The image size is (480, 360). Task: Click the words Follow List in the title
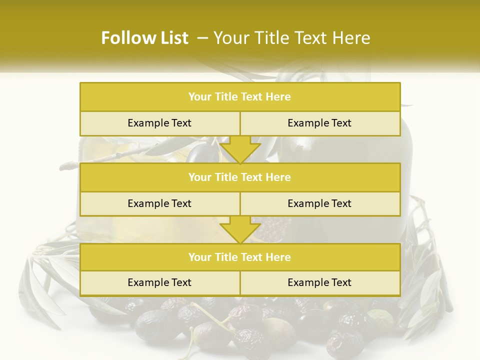[x=144, y=38]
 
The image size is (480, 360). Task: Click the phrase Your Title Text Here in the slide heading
[x=291, y=38]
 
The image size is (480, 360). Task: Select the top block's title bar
[x=240, y=97]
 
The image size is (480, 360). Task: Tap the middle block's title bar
[x=240, y=177]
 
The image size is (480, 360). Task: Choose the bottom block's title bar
[x=240, y=257]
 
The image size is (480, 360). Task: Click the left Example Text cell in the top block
[x=159, y=123]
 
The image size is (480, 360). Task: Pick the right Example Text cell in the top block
[x=319, y=123]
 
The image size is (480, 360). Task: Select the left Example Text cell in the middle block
[x=159, y=203]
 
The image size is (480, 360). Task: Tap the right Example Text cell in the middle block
[x=319, y=203]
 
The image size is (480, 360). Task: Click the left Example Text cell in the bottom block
[x=159, y=282]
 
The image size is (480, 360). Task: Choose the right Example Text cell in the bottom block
[x=319, y=282]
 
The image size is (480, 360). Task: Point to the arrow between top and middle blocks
[x=240, y=149]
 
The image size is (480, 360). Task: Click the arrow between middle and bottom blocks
[x=240, y=229]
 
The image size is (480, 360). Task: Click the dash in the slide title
[x=203, y=38]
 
